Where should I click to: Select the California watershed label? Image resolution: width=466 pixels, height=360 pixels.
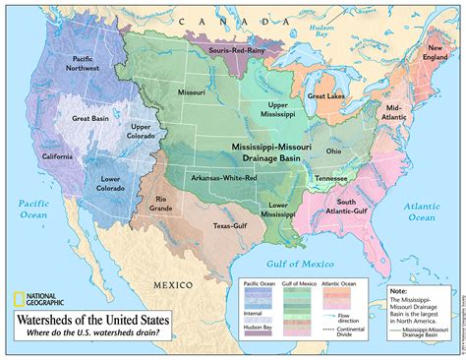coord(58,157)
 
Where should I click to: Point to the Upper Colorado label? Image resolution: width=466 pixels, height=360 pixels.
coord(141,133)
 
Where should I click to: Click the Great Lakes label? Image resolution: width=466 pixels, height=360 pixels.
coord(326,96)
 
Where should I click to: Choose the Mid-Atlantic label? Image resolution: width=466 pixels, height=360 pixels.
coord(393,112)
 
